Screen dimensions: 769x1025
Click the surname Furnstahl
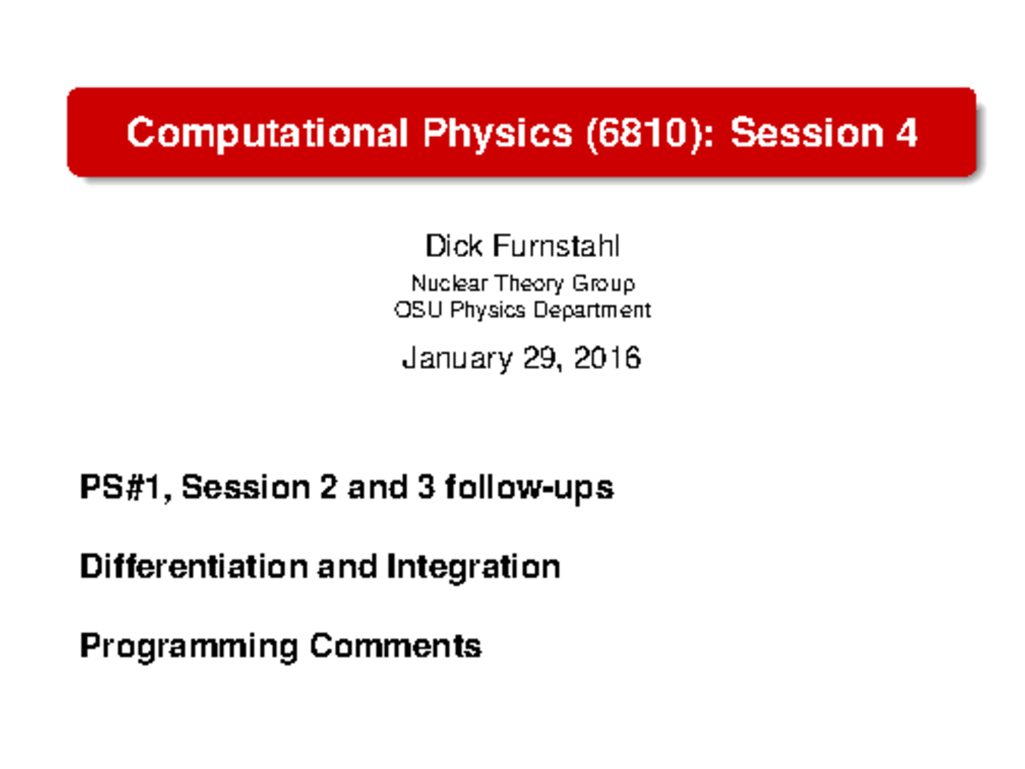[555, 247]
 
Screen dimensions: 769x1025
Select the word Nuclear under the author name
[442, 283]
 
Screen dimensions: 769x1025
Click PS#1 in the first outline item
[125, 488]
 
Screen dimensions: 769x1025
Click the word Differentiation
[195, 566]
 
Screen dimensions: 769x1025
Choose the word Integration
[473, 566]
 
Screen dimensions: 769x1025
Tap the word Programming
[189, 645]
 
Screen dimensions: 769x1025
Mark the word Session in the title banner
[803, 133]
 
